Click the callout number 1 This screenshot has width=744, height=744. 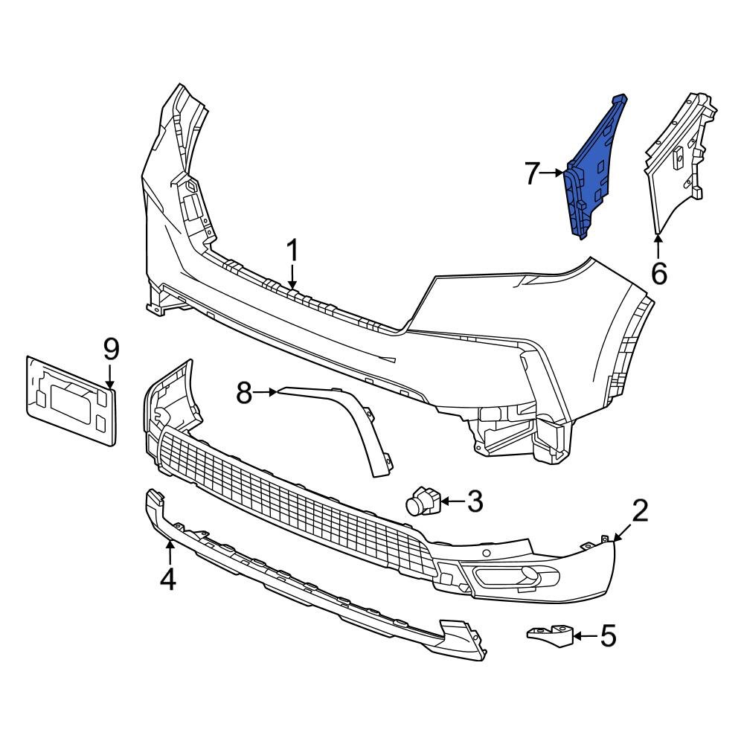point(292,251)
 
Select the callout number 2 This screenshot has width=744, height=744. point(640,511)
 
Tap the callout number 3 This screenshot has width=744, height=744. point(474,501)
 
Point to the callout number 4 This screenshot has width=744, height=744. point(169,578)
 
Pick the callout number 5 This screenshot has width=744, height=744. point(608,636)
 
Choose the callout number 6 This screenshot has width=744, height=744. point(658,273)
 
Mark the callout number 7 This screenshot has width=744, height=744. point(532,173)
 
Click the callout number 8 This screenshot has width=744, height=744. point(245,392)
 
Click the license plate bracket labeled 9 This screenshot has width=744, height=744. point(71,400)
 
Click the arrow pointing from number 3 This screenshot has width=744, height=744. point(452,502)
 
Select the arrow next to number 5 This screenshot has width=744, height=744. point(586,636)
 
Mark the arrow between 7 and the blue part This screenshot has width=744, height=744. point(554,173)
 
